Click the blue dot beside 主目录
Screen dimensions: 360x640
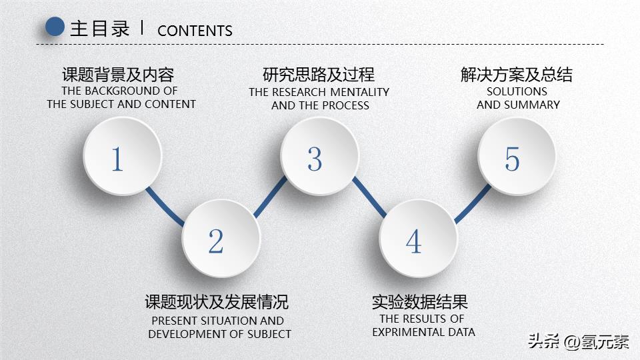(54, 27)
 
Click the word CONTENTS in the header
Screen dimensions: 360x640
(195, 31)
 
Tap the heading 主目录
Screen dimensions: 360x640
(99, 29)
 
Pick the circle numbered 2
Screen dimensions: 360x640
(219, 241)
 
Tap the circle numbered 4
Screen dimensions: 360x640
(417, 241)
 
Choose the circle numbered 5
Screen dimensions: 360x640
(515, 158)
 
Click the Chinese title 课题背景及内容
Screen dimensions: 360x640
(118, 74)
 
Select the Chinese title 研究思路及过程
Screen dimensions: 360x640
(319, 74)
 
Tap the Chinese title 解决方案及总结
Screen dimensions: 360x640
(516, 74)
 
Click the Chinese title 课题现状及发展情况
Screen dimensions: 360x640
(217, 301)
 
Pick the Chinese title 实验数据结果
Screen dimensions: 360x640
(420, 301)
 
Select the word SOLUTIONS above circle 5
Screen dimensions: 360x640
(517, 91)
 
